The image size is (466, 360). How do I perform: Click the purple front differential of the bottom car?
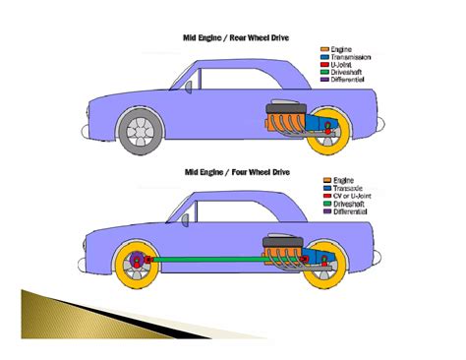pos(137,263)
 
